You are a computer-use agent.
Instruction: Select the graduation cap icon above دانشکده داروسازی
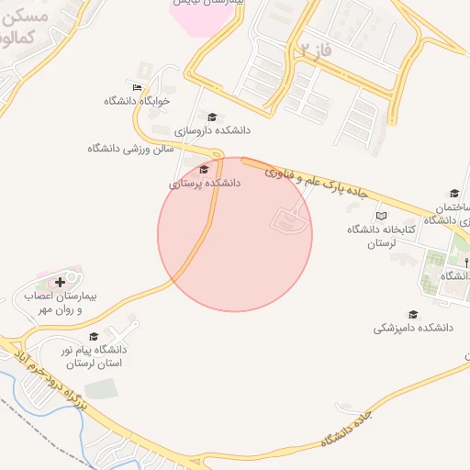[x=212, y=117]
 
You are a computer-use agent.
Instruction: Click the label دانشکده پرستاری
[x=204, y=184]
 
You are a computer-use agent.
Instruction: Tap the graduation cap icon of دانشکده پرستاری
[x=204, y=169]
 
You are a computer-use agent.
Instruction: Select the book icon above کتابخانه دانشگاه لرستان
[x=381, y=216]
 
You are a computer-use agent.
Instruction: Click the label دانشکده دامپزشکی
[x=415, y=328]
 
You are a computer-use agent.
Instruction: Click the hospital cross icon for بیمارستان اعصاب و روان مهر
[x=62, y=282]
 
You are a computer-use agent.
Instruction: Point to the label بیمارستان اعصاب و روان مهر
[x=64, y=304]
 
